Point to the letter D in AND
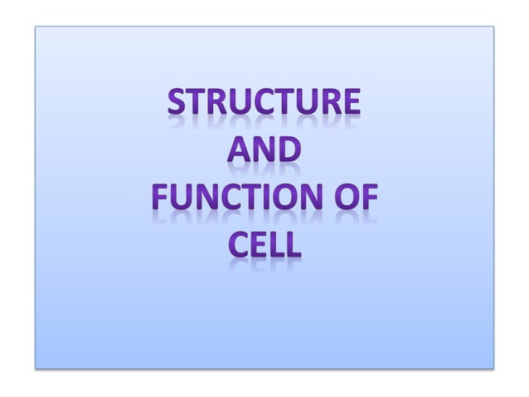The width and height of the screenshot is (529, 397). coord(289,154)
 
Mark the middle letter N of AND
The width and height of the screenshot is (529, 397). coord(264,154)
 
